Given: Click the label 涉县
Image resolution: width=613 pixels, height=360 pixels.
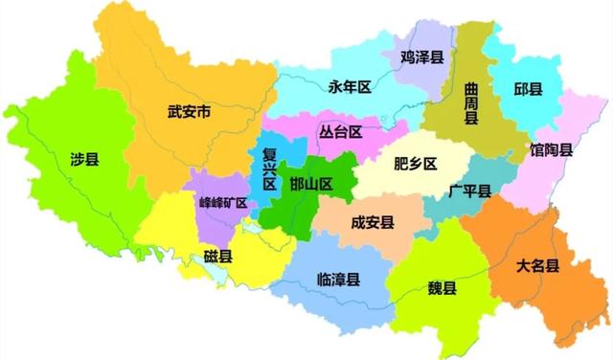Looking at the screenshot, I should click(x=84, y=159).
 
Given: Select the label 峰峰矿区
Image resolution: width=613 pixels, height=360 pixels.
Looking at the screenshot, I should click(x=222, y=203).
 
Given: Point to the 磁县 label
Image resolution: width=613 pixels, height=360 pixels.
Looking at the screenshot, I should click(x=217, y=257).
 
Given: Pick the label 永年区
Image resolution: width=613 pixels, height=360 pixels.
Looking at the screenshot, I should click(x=349, y=87).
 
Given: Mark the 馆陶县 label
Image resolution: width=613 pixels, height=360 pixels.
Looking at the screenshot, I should click(x=552, y=149).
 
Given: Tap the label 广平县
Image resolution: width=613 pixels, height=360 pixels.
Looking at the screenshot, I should click(x=469, y=191).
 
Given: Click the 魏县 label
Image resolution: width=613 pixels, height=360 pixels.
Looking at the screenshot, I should click(x=442, y=289).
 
